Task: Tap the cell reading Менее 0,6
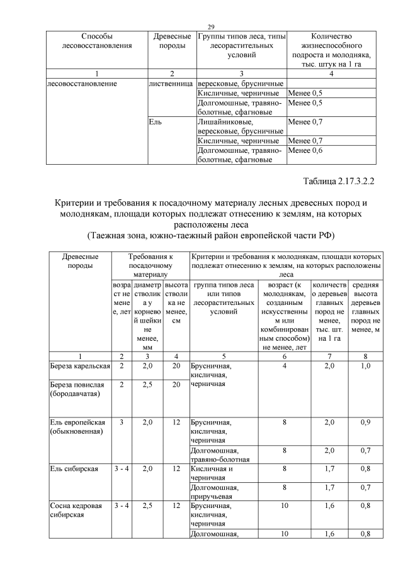[x=305, y=151]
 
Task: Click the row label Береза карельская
[x=79, y=365]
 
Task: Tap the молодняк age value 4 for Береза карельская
[x=285, y=365]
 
